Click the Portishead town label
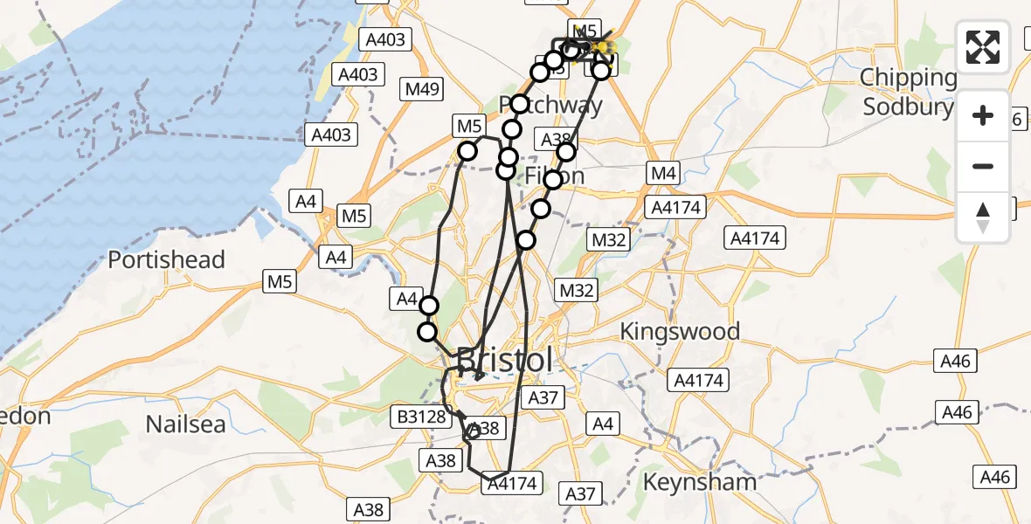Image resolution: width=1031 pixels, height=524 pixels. coord(166,259)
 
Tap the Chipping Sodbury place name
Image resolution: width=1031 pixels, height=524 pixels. coord(909,92)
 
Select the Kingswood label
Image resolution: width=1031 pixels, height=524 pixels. coord(680,331)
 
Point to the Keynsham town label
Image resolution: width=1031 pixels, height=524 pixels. coord(699,481)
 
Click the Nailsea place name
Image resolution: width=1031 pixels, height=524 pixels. coord(186,424)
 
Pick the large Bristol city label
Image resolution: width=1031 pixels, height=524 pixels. coord(505,360)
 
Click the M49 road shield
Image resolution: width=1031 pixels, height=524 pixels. coord(423,89)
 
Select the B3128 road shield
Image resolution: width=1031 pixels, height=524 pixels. coord(421,417)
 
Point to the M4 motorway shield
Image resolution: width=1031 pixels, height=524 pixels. coord(663,174)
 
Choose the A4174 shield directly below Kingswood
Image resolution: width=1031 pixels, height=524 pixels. coord(697,381)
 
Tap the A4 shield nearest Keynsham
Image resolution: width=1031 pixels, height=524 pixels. coord(603,424)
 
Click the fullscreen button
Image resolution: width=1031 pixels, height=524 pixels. coord(983,47)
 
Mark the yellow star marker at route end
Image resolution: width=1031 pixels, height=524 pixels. coord(603,45)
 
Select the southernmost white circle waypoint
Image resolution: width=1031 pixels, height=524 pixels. coord(427,332)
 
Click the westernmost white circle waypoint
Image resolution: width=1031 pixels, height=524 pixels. coord(427,332)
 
